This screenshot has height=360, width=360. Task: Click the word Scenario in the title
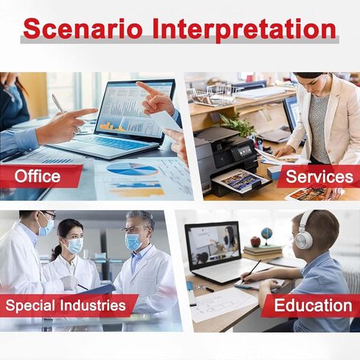83,29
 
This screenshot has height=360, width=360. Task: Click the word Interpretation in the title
244,30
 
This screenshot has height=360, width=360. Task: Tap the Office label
38,176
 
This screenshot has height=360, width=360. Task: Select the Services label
319,176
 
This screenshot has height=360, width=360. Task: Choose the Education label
313,305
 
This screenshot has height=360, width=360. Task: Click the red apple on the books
255,241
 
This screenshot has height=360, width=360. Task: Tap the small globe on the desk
266,235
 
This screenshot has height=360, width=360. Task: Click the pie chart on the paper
132,169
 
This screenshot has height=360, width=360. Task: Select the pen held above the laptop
58,104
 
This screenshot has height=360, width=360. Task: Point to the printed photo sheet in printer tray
242,181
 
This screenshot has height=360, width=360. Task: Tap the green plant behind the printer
237,124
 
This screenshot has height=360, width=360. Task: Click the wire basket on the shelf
213,95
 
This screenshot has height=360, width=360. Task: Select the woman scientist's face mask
75,245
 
